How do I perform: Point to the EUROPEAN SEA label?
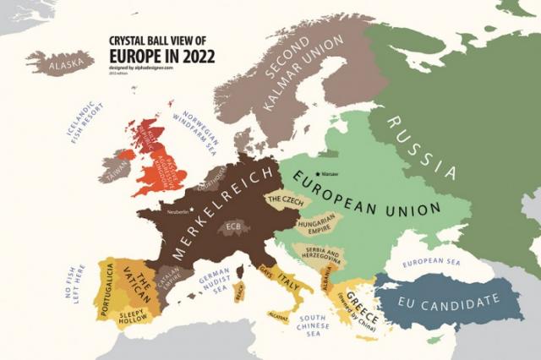point(434,265)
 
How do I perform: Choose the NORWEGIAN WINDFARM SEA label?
point(199,130)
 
